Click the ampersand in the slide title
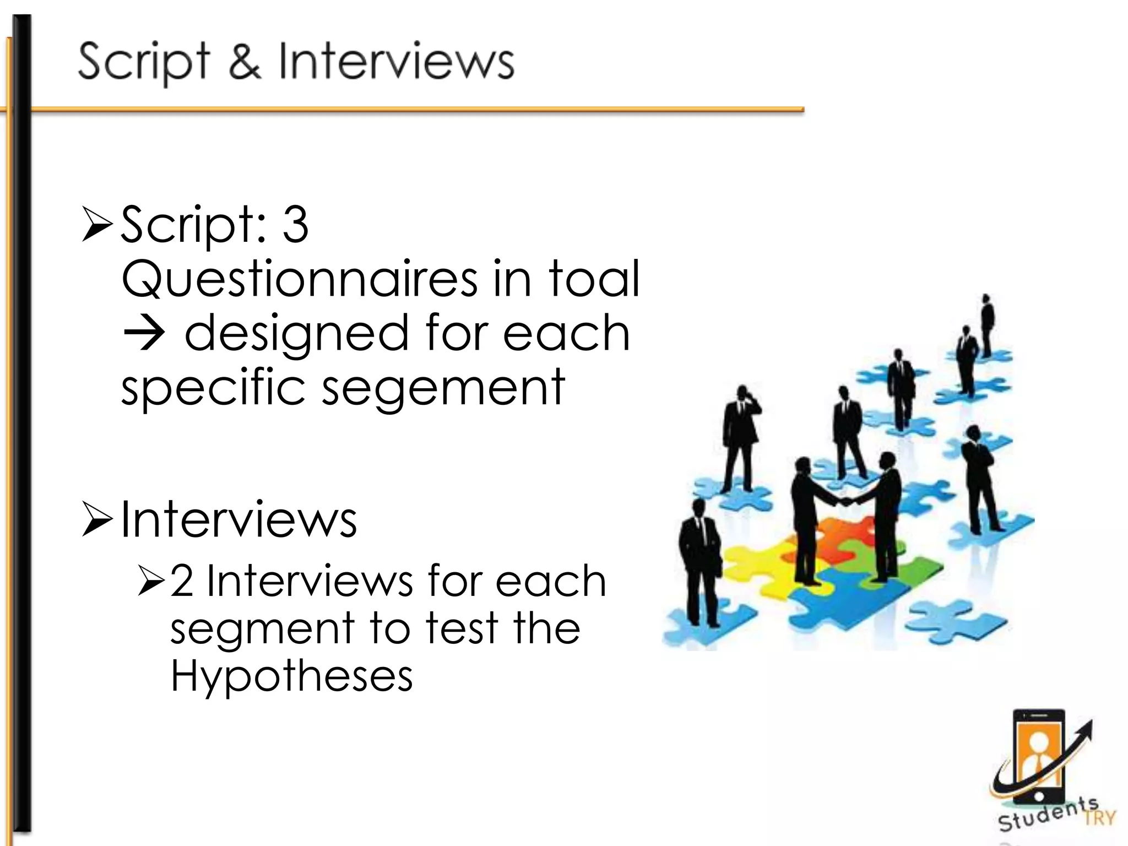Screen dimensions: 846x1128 tap(245, 62)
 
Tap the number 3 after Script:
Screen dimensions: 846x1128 tap(295, 225)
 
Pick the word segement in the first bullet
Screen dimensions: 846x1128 tap(444, 388)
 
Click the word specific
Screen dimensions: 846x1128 tap(213, 388)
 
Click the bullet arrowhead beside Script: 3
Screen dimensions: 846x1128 tap(98, 225)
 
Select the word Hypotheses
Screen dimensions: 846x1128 tap(291, 676)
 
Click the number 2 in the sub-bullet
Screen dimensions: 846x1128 tap(182, 581)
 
